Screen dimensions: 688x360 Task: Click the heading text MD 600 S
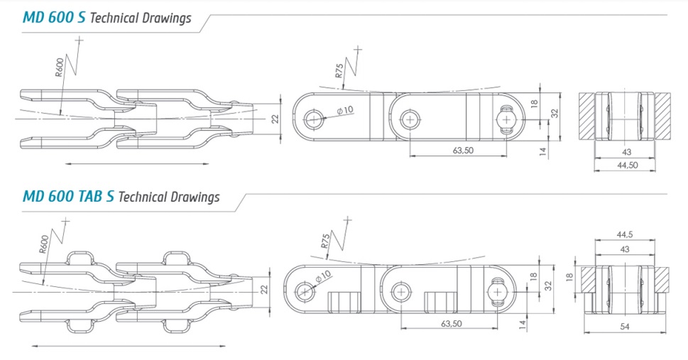(55, 18)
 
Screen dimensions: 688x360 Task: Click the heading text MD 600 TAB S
(68, 196)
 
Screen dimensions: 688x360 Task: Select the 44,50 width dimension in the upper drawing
(627, 165)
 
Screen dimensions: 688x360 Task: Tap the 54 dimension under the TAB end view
(624, 327)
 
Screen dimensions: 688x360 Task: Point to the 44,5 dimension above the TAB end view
(625, 235)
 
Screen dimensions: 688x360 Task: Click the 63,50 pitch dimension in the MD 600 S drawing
(463, 150)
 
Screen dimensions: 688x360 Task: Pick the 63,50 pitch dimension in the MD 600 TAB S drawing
(452, 324)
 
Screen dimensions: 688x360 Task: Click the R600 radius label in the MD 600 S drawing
(59, 67)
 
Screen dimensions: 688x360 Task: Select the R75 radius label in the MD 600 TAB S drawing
(325, 241)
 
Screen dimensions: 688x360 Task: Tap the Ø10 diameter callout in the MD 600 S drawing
(345, 110)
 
